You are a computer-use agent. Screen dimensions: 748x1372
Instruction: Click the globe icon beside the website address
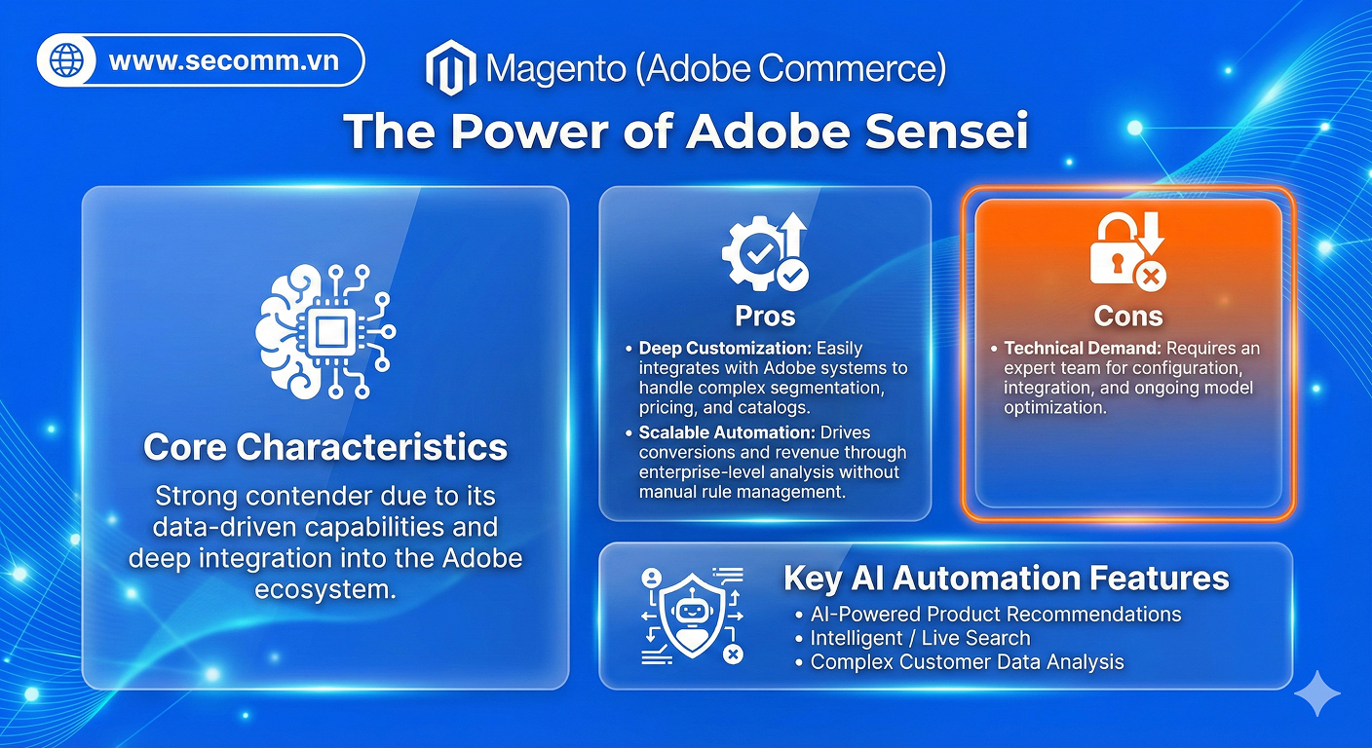(66, 61)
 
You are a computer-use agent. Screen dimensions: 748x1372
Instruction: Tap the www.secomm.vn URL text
(224, 61)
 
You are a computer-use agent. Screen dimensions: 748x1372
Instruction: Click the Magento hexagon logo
(450, 68)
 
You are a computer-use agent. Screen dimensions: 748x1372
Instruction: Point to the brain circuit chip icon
(325, 332)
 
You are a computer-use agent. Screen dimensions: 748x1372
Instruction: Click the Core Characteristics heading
(325, 447)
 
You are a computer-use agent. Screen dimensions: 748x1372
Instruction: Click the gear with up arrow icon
(765, 252)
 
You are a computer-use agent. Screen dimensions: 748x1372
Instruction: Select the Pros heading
(765, 316)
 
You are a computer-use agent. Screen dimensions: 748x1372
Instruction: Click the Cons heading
(1127, 316)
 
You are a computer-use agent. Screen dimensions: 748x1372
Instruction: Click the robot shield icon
(692, 616)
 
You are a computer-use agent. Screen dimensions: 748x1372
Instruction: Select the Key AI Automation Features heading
(1006, 579)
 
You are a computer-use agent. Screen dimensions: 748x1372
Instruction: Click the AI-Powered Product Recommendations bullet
(995, 615)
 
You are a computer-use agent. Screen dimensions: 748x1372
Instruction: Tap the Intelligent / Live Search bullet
(920, 639)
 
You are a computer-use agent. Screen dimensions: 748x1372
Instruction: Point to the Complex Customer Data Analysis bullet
(967, 662)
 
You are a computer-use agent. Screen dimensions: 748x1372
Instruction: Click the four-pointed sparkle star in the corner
(1316, 693)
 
